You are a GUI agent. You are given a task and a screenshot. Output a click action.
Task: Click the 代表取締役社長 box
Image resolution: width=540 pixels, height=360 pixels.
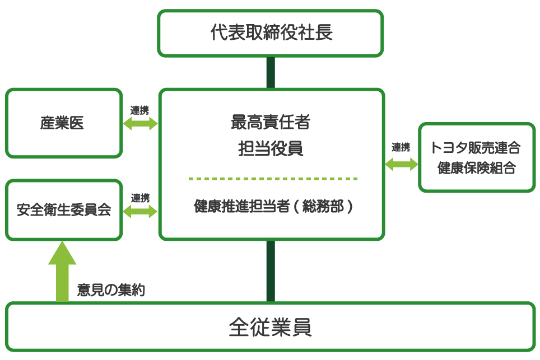[x=271, y=33]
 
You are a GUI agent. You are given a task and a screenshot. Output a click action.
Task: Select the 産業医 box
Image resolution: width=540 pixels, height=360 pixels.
[x=63, y=123]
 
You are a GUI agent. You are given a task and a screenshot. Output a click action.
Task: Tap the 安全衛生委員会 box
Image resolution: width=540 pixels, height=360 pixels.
[x=63, y=210]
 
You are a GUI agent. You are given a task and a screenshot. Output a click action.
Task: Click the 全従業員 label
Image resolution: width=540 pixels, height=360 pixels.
[x=271, y=328]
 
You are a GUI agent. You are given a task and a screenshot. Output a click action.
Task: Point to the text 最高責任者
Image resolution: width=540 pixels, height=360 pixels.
[x=271, y=121]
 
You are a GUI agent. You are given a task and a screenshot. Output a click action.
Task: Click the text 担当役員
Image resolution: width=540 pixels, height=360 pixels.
[x=271, y=149]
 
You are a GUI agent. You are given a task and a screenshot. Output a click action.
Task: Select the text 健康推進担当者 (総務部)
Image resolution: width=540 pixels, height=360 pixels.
[x=273, y=207]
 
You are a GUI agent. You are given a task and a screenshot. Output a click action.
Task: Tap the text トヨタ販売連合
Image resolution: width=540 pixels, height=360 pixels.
[x=477, y=148]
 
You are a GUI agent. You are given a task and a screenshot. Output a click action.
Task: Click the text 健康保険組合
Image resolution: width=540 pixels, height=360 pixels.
[x=477, y=168]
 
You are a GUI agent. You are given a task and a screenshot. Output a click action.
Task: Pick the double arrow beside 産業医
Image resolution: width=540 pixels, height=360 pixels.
[x=140, y=124]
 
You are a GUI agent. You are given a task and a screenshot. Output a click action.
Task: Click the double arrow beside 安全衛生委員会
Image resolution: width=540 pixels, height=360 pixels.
[x=140, y=211]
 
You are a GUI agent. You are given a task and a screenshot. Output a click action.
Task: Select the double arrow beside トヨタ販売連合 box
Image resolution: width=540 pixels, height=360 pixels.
[x=402, y=164]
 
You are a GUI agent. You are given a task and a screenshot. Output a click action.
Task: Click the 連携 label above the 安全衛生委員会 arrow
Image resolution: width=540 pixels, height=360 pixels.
[x=140, y=198]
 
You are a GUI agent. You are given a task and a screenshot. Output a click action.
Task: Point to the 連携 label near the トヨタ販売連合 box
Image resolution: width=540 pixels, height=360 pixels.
[x=401, y=148]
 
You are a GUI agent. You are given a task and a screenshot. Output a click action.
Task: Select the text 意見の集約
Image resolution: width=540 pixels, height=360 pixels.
[x=111, y=290]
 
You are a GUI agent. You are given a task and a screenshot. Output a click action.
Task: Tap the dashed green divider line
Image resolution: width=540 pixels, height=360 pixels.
[x=273, y=179]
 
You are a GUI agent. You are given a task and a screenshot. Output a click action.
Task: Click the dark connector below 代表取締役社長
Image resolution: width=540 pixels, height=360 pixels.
[x=271, y=72]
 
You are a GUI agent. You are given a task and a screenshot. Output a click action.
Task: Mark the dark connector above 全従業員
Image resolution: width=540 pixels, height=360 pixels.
[x=271, y=271]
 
